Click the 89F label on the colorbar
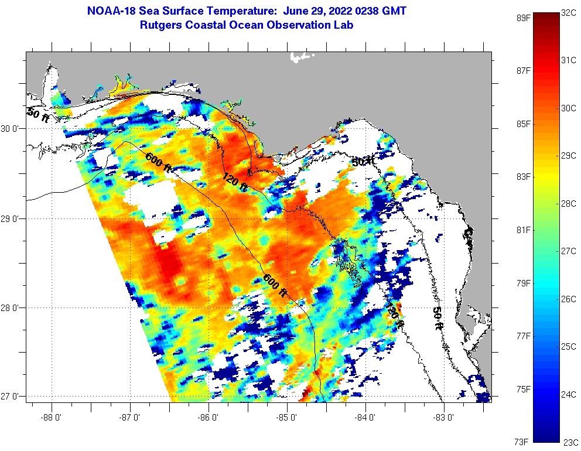[x=523, y=17]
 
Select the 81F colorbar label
[x=523, y=230]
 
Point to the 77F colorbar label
[x=523, y=336]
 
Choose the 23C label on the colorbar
[x=570, y=442]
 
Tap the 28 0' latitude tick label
[x=11, y=307]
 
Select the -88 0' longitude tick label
[x=52, y=418]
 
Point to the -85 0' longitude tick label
[x=287, y=418]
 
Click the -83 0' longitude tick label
[x=444, y=418]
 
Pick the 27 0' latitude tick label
[x=11, y=397]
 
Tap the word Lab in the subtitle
[x=344, y=25]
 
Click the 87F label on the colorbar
[x=523, y=70]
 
